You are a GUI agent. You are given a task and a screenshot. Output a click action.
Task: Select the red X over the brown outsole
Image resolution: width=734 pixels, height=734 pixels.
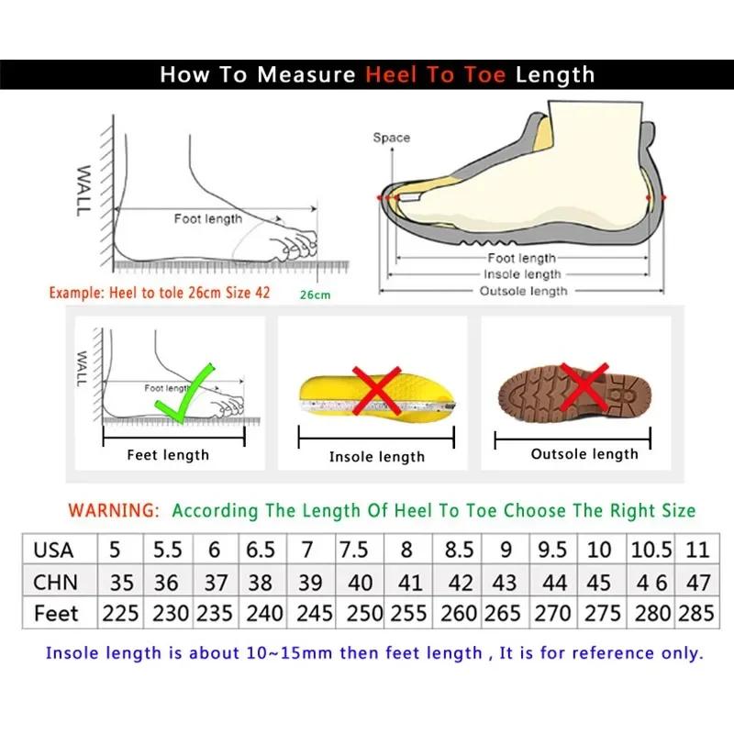click(584, 385)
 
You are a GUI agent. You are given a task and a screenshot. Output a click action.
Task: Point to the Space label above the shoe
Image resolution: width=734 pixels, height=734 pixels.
click(391, 138)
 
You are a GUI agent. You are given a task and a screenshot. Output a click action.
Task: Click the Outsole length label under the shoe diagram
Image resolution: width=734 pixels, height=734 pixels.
click(523, 291)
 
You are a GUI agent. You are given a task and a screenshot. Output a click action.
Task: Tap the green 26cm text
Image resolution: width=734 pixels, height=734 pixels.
click(314, 295)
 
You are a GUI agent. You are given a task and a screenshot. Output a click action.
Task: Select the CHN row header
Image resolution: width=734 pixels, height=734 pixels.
click(55, 582)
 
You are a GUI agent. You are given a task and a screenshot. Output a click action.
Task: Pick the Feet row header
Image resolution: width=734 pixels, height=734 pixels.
click(56, 613)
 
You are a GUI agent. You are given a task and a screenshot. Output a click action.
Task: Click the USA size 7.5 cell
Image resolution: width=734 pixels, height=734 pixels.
click(353, 550)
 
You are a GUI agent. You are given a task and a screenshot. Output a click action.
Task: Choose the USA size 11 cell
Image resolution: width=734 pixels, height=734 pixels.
click(697, 550)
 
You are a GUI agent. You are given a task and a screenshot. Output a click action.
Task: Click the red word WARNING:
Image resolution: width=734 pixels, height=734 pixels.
click(116, 510)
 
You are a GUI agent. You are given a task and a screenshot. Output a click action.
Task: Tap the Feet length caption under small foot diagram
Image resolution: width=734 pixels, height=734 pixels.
click(168, 455)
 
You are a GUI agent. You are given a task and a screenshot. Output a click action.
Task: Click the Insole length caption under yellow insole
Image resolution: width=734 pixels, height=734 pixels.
click(376, 456)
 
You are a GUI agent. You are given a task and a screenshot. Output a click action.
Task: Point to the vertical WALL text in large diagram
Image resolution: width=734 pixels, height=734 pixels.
click(83, 191)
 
